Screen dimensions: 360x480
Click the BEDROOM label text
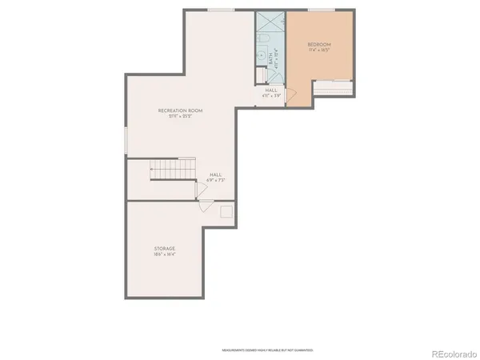[320, 44]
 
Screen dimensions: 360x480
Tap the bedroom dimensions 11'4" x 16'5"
[320, 50]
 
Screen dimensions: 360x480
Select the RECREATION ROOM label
[181, 110]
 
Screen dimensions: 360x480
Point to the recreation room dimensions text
[181, 116]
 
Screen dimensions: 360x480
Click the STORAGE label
[165, 249]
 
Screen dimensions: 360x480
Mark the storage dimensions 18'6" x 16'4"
[165, 255]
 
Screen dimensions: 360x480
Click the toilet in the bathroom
[262, 76]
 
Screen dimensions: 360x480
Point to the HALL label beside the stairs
[215, 174]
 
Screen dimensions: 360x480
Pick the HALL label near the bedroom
[271, 90]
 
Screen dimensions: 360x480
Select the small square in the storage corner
[227, 211]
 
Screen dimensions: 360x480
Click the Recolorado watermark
[453, 353]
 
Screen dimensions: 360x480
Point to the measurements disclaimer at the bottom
[267, 350]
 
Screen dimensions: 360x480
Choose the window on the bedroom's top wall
[321, 10]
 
